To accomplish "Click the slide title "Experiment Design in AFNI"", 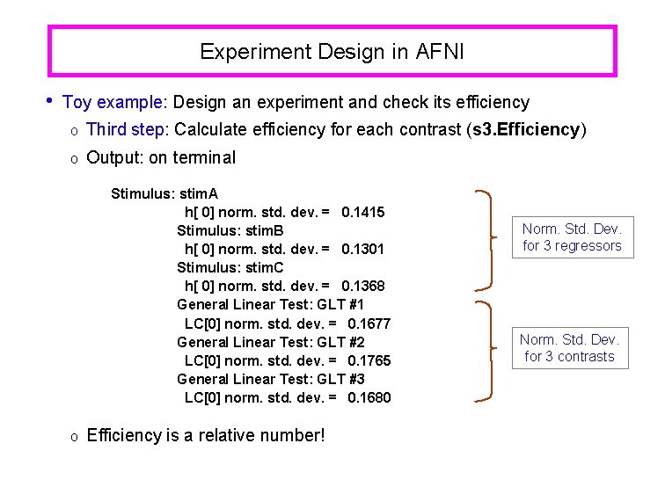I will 332,52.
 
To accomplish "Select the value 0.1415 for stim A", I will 362,212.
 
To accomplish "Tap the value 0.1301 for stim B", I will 362,249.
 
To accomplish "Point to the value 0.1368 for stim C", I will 362,286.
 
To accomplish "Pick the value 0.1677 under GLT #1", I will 369,323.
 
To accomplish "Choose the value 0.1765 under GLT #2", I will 369,360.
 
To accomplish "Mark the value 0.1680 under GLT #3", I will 369,397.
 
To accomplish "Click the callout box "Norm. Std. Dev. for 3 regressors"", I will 572,237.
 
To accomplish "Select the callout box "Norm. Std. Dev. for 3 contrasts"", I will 569,347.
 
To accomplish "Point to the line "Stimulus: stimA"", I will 164,193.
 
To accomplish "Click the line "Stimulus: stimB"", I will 230,230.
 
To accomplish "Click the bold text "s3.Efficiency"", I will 525,130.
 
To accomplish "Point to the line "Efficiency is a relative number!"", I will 206,435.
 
